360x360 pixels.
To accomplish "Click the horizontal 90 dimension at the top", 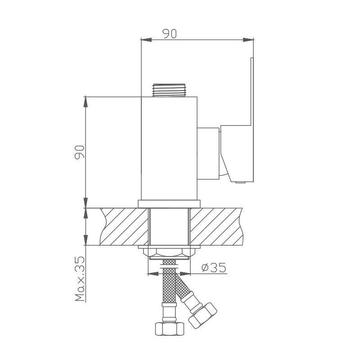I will (x=169, y=34).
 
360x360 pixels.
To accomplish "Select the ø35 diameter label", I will (x=213, y=268).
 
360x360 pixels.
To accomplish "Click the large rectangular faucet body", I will (x=170, y=148).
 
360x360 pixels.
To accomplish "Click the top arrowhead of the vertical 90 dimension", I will (x=85, y=100).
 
